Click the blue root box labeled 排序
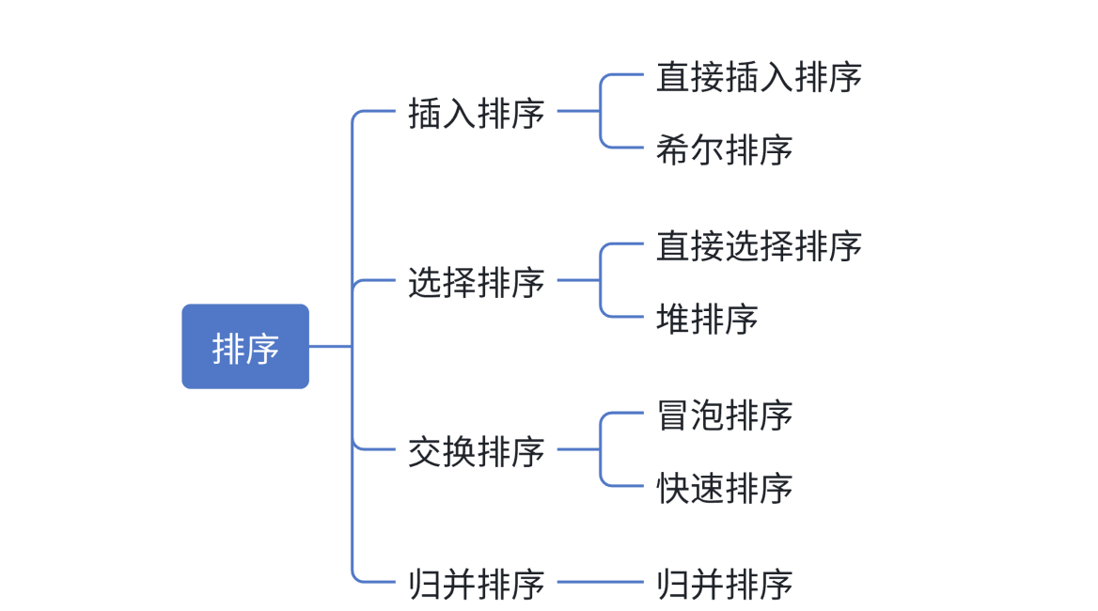point(245,347)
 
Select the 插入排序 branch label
point(477,113)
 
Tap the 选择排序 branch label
point(477,282)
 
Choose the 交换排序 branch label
point(477,451)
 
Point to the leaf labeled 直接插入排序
point(759,76)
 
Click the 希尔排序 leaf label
point(724,149)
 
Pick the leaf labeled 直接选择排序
point(759,245)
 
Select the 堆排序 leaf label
point(707,319)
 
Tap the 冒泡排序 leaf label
point(724,415)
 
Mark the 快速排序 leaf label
point(724,488)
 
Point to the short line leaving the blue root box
point(330,346)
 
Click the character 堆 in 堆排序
point(673,319)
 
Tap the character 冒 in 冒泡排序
point(673,415)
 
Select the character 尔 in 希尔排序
point(707,149)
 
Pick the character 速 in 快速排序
point(707,488)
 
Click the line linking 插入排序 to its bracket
point(578,111)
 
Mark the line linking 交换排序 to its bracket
point(578,449)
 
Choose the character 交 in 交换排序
point(425,451)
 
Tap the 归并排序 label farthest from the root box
point(724,584)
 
